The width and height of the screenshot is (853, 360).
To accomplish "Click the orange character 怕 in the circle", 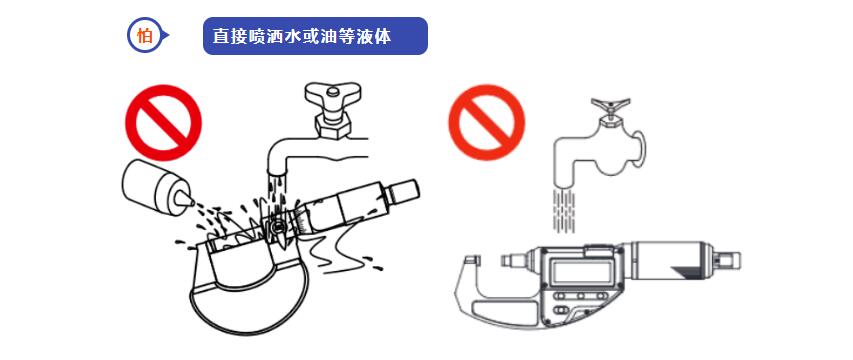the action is click(144, 36).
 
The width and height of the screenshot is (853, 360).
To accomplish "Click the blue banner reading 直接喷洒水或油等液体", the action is click(315, 36).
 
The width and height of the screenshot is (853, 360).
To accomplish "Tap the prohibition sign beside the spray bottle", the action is click(164, 122).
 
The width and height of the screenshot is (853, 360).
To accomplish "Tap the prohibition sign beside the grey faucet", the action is click(486, 122).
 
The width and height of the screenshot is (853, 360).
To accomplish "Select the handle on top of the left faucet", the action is click(333, 98).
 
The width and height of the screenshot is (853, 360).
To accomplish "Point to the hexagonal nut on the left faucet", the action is click(333, 127).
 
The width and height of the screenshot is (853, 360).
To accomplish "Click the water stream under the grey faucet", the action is click(563, 209).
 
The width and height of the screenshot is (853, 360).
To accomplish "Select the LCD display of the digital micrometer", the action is click(578, 270).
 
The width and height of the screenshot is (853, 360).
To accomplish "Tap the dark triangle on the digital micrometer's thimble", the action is click(688, 271).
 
